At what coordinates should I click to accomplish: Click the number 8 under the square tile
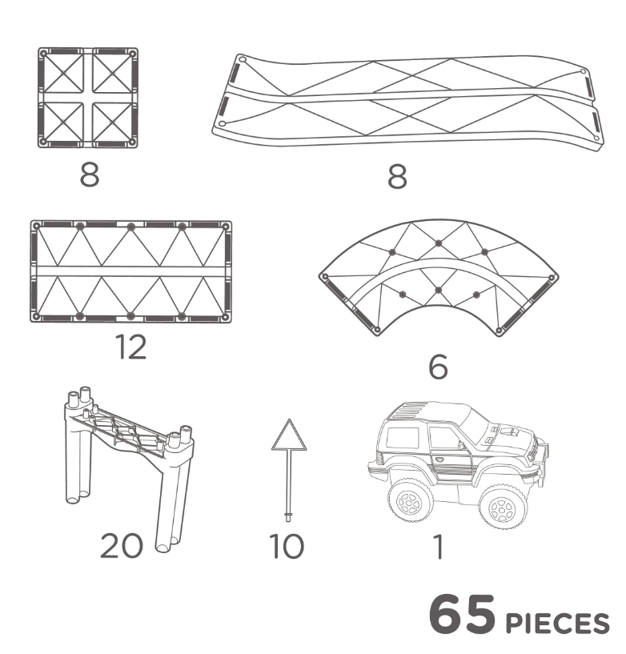[x=90, y=175]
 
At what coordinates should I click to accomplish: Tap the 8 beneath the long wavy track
[x=397, y=176]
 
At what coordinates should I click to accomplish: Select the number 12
[x=132, y=347]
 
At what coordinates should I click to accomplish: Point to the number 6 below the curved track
[x=438, y=367]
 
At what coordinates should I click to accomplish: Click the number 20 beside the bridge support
[x=122, y=546]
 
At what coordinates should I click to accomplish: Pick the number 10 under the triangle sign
[x=287, y=546]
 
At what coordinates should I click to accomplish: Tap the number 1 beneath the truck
[x=438, y=546]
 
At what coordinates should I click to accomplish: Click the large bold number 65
[x=462, y=616]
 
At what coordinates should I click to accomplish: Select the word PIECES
[x=558, y=624]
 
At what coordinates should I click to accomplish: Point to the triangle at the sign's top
[x=289, y=435]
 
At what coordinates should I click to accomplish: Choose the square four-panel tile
[x=88, y=98]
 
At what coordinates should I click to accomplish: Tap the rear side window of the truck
[x=402, y=437]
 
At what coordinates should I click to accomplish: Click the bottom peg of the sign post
[x=288, y=517]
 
